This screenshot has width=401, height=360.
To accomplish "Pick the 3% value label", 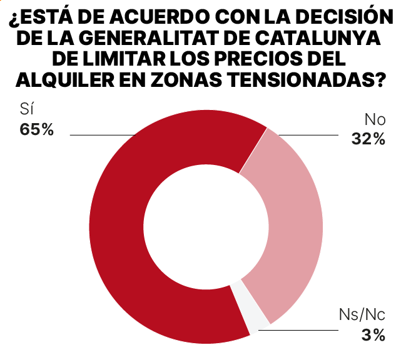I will click(x=373, y=336).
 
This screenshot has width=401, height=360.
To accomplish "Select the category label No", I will click(x=374, y=119).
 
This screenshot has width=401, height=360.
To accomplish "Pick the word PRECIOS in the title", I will click(x=255, y=59).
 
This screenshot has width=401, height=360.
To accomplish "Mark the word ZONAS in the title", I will click(x=186, y=80).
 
